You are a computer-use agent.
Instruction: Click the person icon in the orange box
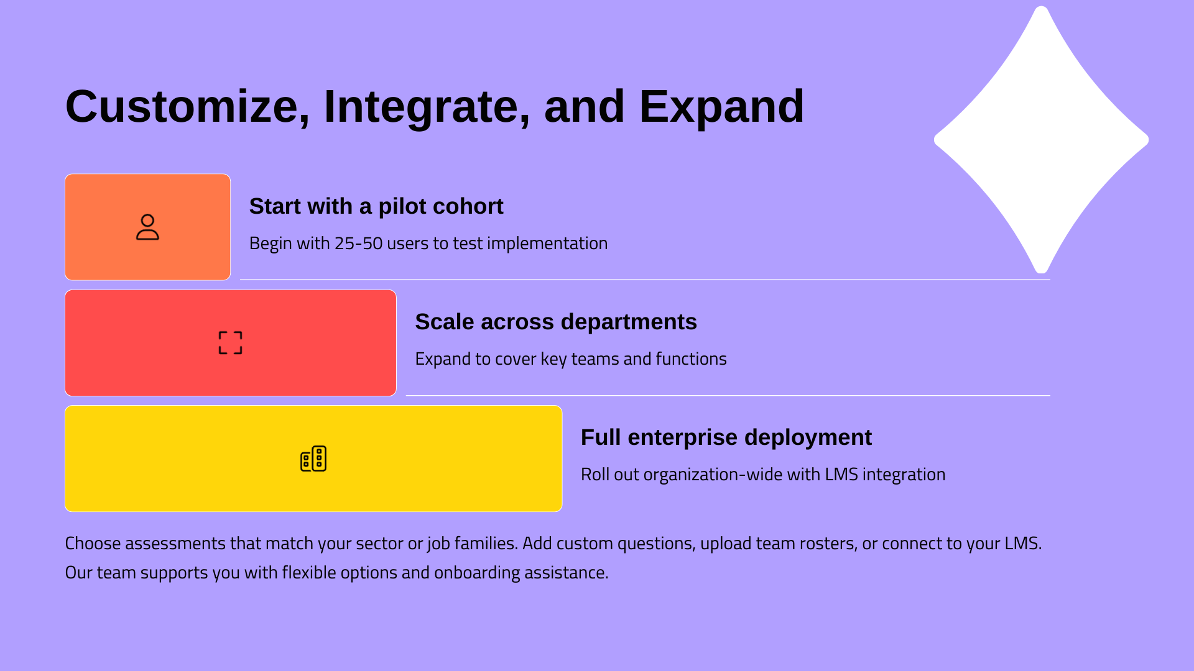[147, 227]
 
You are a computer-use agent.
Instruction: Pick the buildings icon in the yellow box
[313, 459]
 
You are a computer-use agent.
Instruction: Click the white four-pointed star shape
[1041, 140]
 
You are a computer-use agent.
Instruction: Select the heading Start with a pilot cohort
[376, 206]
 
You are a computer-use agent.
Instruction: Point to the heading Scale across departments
[556, 322]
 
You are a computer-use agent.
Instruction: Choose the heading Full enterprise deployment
[726, 437]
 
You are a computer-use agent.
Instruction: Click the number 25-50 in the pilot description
[359, 243]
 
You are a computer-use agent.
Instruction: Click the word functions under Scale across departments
[691, 358]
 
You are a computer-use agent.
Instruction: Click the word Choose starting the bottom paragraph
[93, 544]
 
